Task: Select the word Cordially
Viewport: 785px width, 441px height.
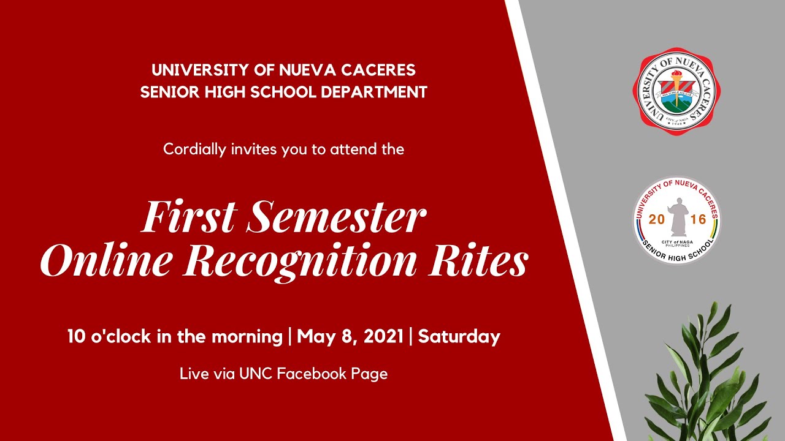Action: (194, 149)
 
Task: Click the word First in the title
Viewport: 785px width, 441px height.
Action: (188, 217)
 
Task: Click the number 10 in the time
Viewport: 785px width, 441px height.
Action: (76, 337)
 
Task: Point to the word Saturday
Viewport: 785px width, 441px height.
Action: (459, 337)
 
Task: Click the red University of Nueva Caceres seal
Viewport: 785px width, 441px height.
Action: (676, 91)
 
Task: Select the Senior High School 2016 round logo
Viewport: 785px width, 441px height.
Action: (676, 220)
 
